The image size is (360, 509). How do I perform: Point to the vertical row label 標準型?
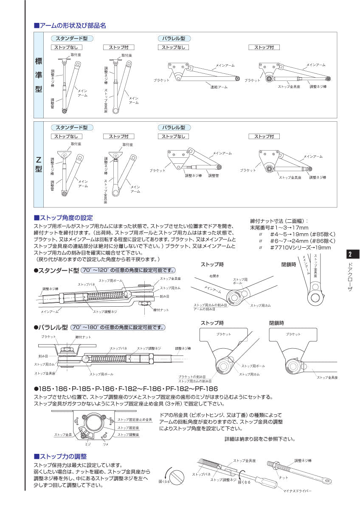pyautogui.click(x=38, y=76)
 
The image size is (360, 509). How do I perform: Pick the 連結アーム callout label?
pyautogui.click(x=219, y=87)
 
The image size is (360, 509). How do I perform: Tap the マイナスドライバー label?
pyautogui.click(x=297, y=491)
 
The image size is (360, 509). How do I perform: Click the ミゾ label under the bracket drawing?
pyautogui.click(x=88, y=444)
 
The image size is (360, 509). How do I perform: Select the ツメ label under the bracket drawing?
pyautogui.click(x=105, y=444)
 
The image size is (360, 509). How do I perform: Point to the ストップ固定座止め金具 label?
pyautogui.click(x=135, y=420)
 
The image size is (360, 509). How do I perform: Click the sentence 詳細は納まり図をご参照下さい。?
pyautogui.click(x=260, y=439)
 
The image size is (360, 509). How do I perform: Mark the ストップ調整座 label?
pyautogui.click(x=128, y=435)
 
